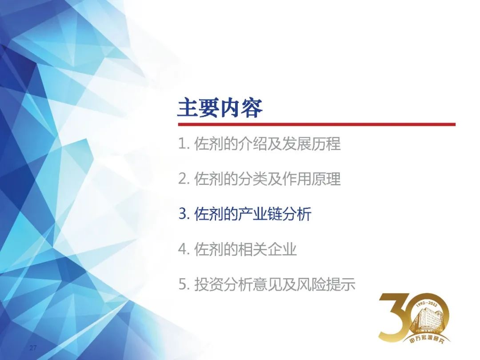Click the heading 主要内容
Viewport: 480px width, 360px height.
click(x=220, y=108)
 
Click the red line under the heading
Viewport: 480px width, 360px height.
click(x=317, y=124)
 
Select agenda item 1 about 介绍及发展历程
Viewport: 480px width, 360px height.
click(x=259, y=144)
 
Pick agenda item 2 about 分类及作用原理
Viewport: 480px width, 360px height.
click(x=259, y=179)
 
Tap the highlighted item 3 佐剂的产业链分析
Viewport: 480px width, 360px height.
click(x=245, y=214)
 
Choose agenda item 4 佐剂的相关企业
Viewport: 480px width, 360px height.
click(x=237, y=249)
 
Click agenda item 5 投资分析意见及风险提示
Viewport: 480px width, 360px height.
click(x=267, y=284)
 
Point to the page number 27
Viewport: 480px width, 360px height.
click(x=33, y=348)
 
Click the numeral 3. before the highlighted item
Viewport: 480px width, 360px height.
click(x=184, y=214)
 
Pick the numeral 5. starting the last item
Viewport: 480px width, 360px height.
click(x=184, y=284)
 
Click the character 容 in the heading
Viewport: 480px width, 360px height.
click(x=252, y=108)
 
